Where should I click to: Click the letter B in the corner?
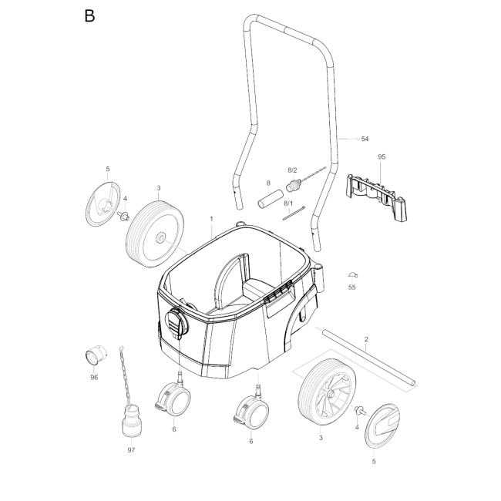pos(89,15)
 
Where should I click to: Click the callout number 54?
pos(365,139)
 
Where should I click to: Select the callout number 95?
pos(382,156)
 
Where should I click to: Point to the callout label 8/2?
pos(292,170)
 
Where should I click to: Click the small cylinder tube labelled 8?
pos(271,200)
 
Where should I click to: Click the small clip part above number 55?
pos(352,275)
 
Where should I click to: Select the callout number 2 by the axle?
pos(366,339)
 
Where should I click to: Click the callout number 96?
pos(94,378)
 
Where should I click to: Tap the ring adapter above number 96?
pos(96,355)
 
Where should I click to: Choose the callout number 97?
pos(131,450)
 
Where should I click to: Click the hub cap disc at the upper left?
pos(103,204)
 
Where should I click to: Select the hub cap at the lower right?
pos(382,425)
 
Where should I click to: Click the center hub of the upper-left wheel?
pos(160,237)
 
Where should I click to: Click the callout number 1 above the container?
pos(211,219)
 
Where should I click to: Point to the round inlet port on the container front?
pos(177,322)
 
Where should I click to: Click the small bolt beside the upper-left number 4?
pos(123,215)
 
